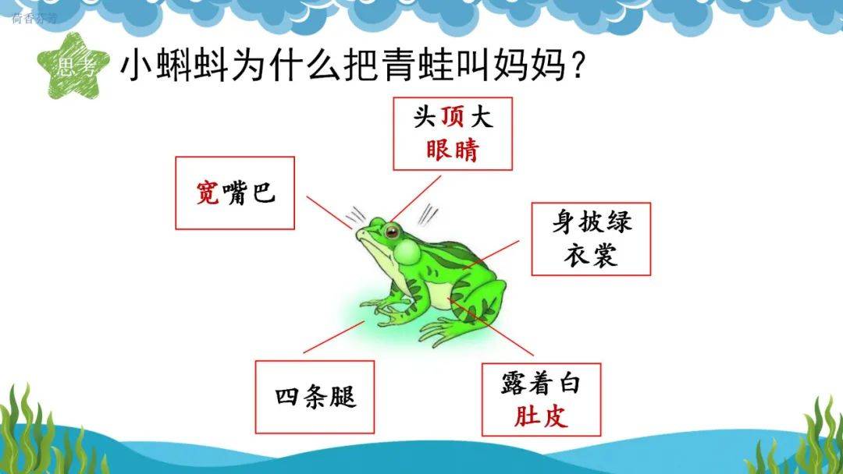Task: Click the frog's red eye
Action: (392, 232)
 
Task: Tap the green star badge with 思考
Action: (73, 66)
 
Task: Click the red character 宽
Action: (208, 193)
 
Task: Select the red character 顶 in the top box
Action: (453, 116)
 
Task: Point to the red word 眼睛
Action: (453, 150)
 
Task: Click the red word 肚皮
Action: (541, 416)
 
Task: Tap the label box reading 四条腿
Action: (315, 397)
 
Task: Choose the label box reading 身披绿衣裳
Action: (591, 239)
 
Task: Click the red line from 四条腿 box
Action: (334, 337)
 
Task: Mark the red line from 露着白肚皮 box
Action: (492, 328)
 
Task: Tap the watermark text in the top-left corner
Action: (34, 19)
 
